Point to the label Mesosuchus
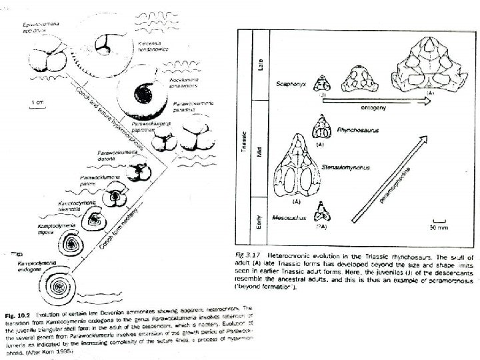[289, 217]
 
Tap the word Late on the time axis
[261, 64]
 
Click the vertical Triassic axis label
[245, 133]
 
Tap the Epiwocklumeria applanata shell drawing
[46, 54]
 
